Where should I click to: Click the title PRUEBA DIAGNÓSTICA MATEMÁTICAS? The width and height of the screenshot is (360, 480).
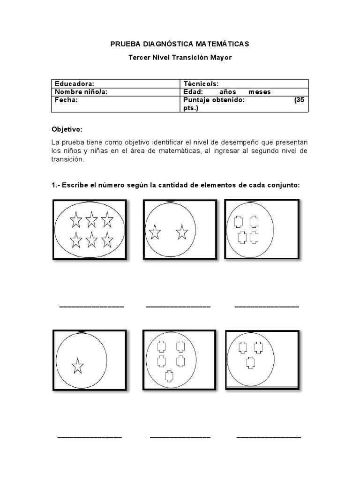(180, 44)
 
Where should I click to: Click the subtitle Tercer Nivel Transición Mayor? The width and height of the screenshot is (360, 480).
(180, 58)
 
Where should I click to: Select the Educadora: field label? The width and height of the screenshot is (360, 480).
(75, 83)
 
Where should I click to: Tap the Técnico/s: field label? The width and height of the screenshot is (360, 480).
(201, 83)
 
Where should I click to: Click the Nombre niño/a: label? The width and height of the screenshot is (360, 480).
(81, 92)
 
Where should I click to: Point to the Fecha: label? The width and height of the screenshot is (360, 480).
(66, 100)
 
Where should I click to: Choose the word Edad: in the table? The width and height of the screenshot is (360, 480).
(193, 92)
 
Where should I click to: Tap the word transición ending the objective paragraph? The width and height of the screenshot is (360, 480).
(68, 159)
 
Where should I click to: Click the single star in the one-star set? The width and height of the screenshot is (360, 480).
(77, 366)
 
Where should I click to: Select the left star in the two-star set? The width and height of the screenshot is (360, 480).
(154, 232)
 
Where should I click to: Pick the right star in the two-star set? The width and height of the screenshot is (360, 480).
(181, 231)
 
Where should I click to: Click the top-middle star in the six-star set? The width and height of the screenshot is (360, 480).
(91, 219)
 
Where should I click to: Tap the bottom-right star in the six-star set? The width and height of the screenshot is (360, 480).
(107, 240)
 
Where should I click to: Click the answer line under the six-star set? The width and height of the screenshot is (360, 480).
(91, 307)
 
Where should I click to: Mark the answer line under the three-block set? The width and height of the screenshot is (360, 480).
(269, 437)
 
